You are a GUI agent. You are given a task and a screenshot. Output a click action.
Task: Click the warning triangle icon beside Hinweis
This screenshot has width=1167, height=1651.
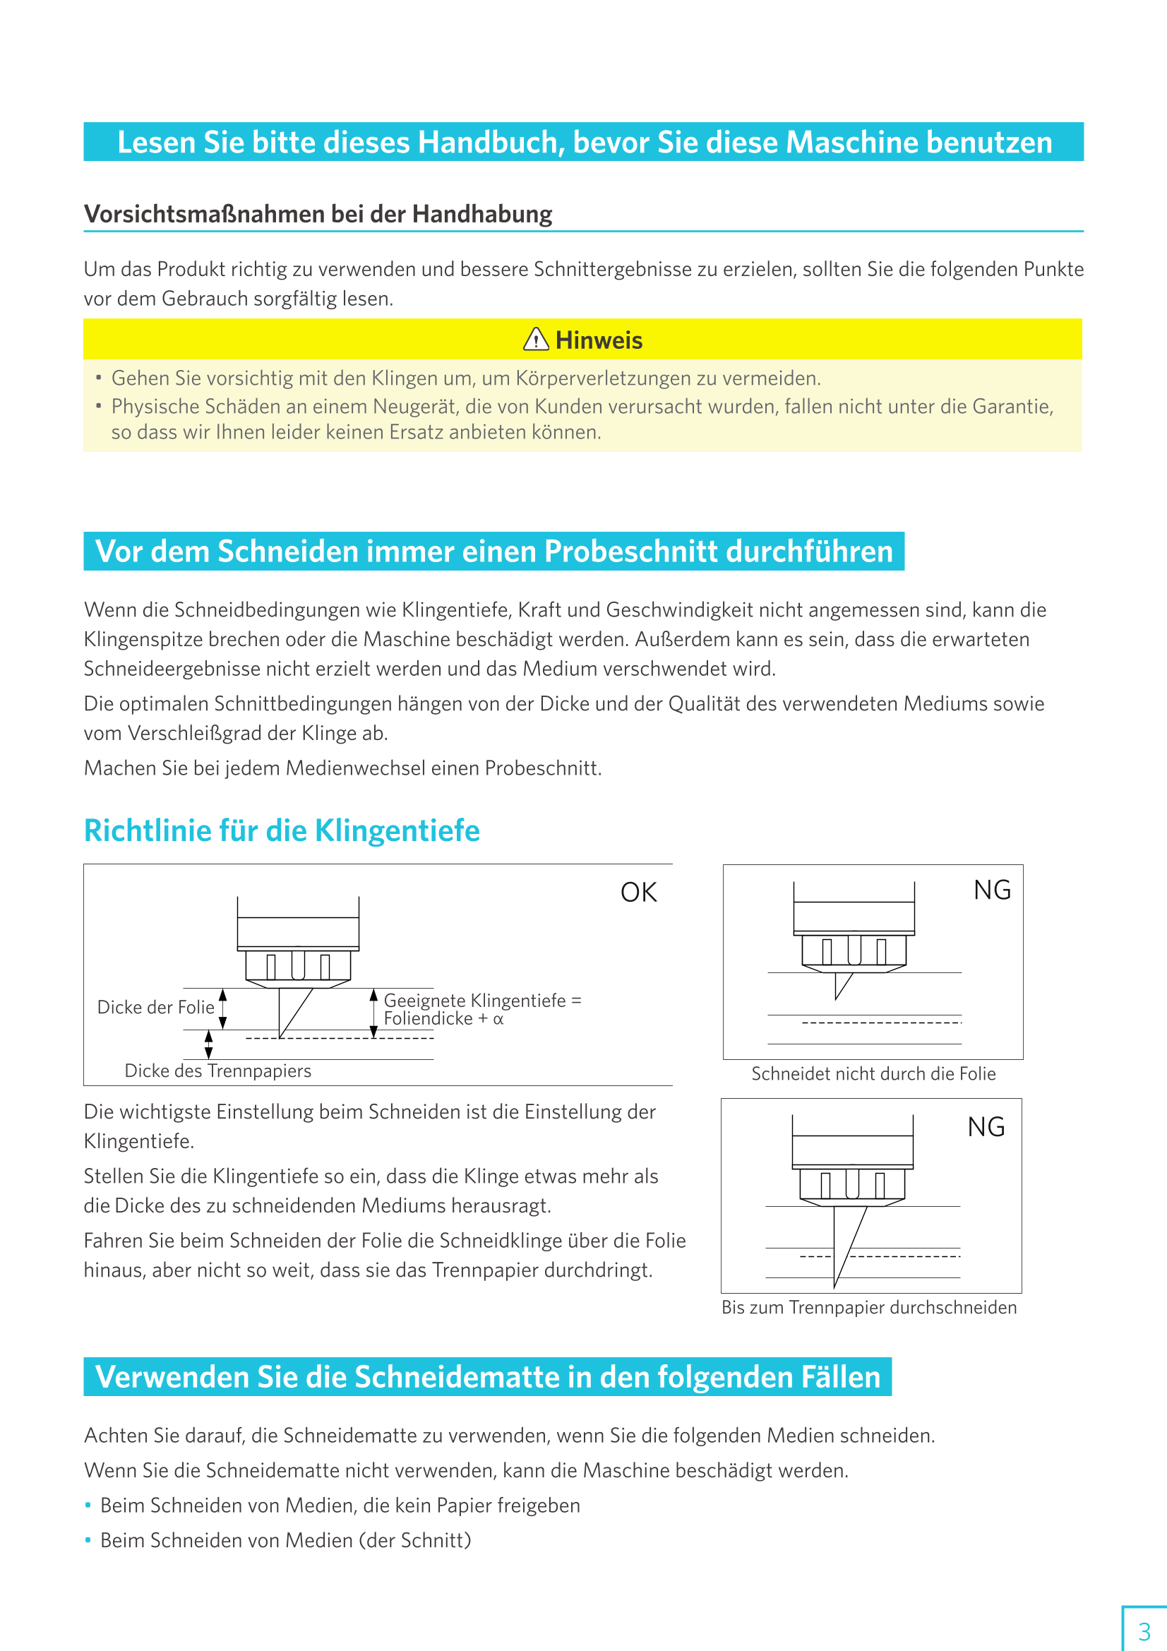[536, 340]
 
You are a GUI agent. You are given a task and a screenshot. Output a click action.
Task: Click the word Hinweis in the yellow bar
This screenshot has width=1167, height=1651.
[599, 340]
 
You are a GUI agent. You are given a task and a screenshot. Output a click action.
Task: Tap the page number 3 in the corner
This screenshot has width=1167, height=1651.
[1144, 1631]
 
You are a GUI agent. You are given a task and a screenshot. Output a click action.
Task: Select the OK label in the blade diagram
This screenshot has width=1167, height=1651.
[638, 893]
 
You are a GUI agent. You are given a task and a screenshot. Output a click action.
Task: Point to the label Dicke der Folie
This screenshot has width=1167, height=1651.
[155, 1008]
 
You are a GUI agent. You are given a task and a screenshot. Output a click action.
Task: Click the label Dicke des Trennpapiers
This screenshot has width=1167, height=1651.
[218, 1071]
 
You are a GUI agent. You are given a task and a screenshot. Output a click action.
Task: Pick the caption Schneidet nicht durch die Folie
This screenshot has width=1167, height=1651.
[873, 1073]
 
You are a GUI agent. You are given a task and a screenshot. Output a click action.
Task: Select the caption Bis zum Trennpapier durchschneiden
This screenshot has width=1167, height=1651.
[868, 1307]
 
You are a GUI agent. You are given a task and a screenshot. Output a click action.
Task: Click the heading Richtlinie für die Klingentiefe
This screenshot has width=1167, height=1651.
[282, 830]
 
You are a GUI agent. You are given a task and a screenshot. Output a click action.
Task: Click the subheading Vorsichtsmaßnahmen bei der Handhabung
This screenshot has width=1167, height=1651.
[318, 214]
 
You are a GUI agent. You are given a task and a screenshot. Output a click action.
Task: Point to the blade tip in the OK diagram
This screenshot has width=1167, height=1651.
[280, 1036]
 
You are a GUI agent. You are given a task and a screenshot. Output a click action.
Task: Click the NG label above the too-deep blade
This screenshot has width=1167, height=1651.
[986, 1127]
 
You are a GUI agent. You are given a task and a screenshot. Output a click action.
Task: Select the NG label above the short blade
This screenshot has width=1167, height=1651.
[993, 890]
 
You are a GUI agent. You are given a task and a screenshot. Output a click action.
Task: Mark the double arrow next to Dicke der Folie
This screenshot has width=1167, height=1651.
[223, 1008]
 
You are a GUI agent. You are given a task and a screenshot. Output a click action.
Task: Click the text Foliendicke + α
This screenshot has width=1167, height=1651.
[443, 1019]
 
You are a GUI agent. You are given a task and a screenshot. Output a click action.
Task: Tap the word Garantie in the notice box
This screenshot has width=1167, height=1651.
[1012, 407]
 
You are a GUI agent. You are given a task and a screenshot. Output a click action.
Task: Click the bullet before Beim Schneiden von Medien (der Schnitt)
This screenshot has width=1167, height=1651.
[88, 1540]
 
